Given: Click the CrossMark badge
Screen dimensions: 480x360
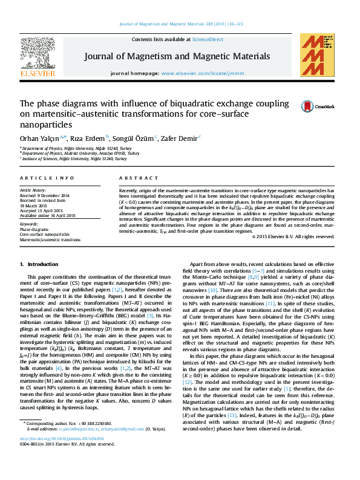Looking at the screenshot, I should pos(302,107).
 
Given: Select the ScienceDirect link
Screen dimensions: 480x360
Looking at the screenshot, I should pos(208,39).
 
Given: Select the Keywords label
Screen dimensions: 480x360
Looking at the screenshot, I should pos(29,225).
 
